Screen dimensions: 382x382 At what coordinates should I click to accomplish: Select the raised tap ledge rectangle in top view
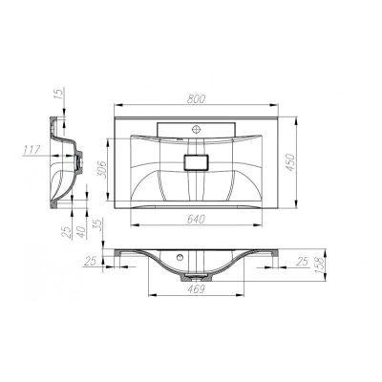(x=199, y=127)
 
